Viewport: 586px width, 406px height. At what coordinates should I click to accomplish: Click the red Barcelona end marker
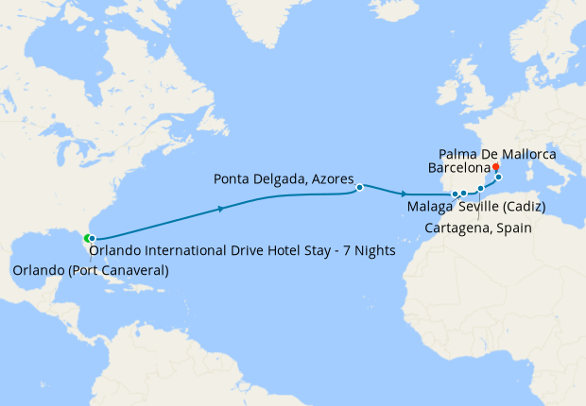click(x=495, y=166)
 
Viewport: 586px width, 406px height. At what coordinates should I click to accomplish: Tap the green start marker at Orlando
click(x=87, y=238)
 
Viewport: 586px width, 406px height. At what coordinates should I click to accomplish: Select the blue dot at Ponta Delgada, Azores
click(x=360, y=188)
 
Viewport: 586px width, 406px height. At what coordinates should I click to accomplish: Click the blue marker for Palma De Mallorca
click(x=498, y=177)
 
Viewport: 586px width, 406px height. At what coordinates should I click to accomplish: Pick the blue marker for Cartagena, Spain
click(x=480, y=190)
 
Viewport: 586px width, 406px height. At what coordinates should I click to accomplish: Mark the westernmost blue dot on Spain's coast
click(x=456, y=195)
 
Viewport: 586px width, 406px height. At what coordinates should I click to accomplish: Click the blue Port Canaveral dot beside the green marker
click(x=93, y=239)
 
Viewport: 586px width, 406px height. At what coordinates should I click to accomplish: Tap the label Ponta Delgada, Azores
click(x=284, y=178)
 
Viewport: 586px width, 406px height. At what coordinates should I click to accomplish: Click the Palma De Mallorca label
click(x=497, y=153)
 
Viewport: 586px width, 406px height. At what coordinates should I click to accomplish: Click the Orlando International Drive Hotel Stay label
click(x=241, y=251)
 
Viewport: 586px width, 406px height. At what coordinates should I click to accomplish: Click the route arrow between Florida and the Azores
click(x=220, y=208)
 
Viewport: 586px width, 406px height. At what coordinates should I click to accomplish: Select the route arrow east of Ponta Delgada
click(x=405, y=194)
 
